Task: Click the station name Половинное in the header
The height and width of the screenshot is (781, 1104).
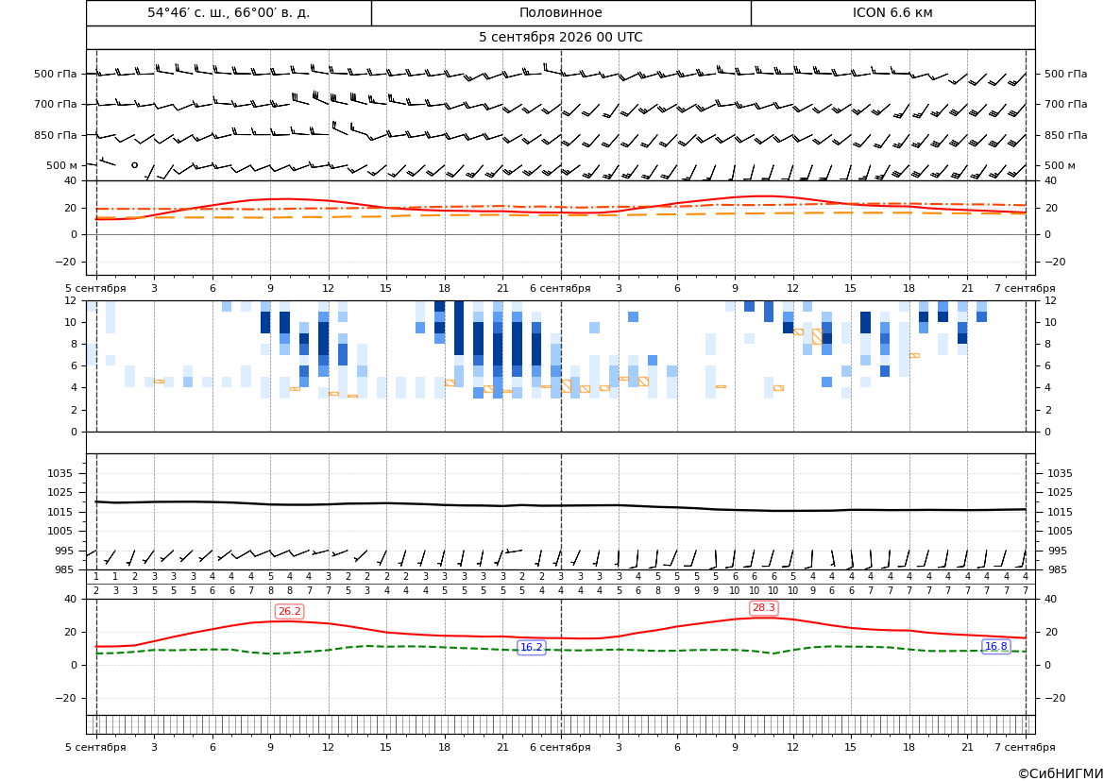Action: coord(560,12)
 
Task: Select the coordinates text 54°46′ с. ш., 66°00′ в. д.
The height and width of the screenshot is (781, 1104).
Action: coord(229,12)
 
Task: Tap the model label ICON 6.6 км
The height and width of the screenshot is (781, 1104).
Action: coord(892,12)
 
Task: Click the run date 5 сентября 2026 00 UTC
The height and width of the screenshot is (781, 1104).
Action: coord(560,38)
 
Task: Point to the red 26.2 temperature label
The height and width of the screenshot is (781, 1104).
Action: coord(289,611)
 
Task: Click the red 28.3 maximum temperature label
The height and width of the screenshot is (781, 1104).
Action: coord(763,608)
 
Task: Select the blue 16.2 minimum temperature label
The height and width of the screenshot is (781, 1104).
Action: coord(531,647)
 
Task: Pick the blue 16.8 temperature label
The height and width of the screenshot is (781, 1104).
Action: coord(995,647)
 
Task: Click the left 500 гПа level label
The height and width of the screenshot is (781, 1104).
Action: coord(56,74)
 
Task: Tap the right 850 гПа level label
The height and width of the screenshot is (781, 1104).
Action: coord(1065,135)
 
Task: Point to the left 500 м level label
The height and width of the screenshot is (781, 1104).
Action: coord(61,165)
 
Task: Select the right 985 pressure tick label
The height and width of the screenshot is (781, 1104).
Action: coord(1060,569)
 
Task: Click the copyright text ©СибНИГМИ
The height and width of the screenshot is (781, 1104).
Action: coord(1060,773)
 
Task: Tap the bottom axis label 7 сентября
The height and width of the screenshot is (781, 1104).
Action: coord(1025,747)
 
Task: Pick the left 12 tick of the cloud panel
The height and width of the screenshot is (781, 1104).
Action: coord(71,300)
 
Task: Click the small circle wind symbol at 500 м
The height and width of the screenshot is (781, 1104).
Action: coord(134,165)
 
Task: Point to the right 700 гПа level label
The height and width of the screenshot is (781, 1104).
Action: coord(1065,104)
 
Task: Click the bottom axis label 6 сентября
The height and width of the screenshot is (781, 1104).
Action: coord(560,747)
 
